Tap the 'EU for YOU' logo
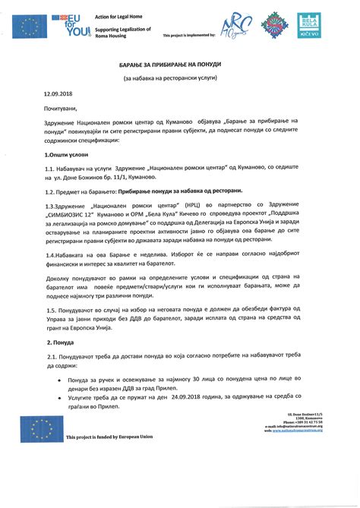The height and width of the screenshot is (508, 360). (x=72, y=26)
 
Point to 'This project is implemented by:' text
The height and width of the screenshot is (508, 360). (x=189, y=36)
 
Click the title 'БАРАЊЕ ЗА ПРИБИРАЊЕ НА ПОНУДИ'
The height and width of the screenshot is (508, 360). (x=180, y=66)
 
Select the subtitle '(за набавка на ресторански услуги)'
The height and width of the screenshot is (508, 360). (x=180, y=79)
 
